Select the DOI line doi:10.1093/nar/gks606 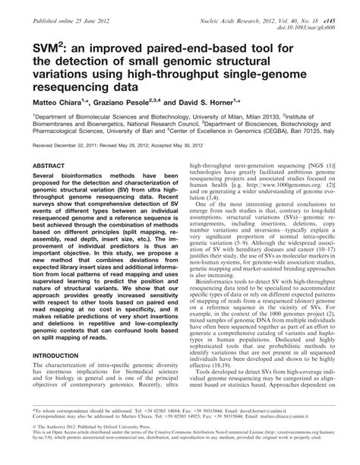tap(317, 21)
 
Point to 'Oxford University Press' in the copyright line tap(142, 429)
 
